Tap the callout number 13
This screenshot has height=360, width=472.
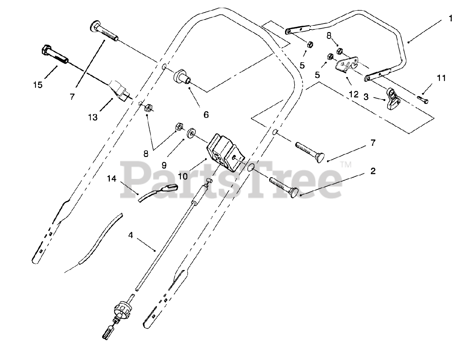tap(93, 117)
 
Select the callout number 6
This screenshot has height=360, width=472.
tap(206, 115)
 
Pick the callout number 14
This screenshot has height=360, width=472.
tap(112, 179)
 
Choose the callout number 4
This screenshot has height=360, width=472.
tap(131, 234)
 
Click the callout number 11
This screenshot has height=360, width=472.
tap(441, 78)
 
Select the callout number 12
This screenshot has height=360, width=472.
tap(353, 94)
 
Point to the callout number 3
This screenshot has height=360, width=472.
tap(366, 97)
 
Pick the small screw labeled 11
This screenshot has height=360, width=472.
tap(423, 99)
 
